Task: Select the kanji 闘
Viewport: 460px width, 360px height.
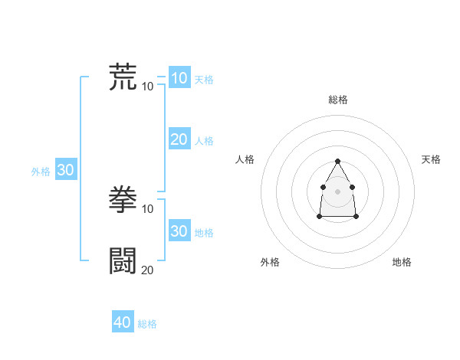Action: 123,260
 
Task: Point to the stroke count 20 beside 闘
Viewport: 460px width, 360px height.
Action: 147,270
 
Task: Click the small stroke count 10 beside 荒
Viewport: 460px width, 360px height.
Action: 147,86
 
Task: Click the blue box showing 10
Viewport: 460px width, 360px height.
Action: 179,78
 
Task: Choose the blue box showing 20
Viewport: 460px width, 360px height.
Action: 179,139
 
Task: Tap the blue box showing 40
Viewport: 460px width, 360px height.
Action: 123,322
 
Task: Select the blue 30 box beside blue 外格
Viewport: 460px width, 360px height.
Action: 65,170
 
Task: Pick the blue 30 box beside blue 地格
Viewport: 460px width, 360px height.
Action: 179,231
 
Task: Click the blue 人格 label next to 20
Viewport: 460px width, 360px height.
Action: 204,141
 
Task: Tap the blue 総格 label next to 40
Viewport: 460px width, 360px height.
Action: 147,324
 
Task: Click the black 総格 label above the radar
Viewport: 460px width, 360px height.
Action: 338,100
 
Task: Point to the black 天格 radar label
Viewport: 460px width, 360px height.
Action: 431,159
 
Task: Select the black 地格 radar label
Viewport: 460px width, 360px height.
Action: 402,262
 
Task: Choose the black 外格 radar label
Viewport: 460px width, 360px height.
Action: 270,262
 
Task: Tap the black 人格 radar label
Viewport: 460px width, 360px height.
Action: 245,159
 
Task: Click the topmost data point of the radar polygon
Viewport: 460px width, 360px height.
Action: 338,161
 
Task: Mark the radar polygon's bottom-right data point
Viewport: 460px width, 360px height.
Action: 356,217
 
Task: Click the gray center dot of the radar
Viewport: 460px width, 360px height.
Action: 338,190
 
